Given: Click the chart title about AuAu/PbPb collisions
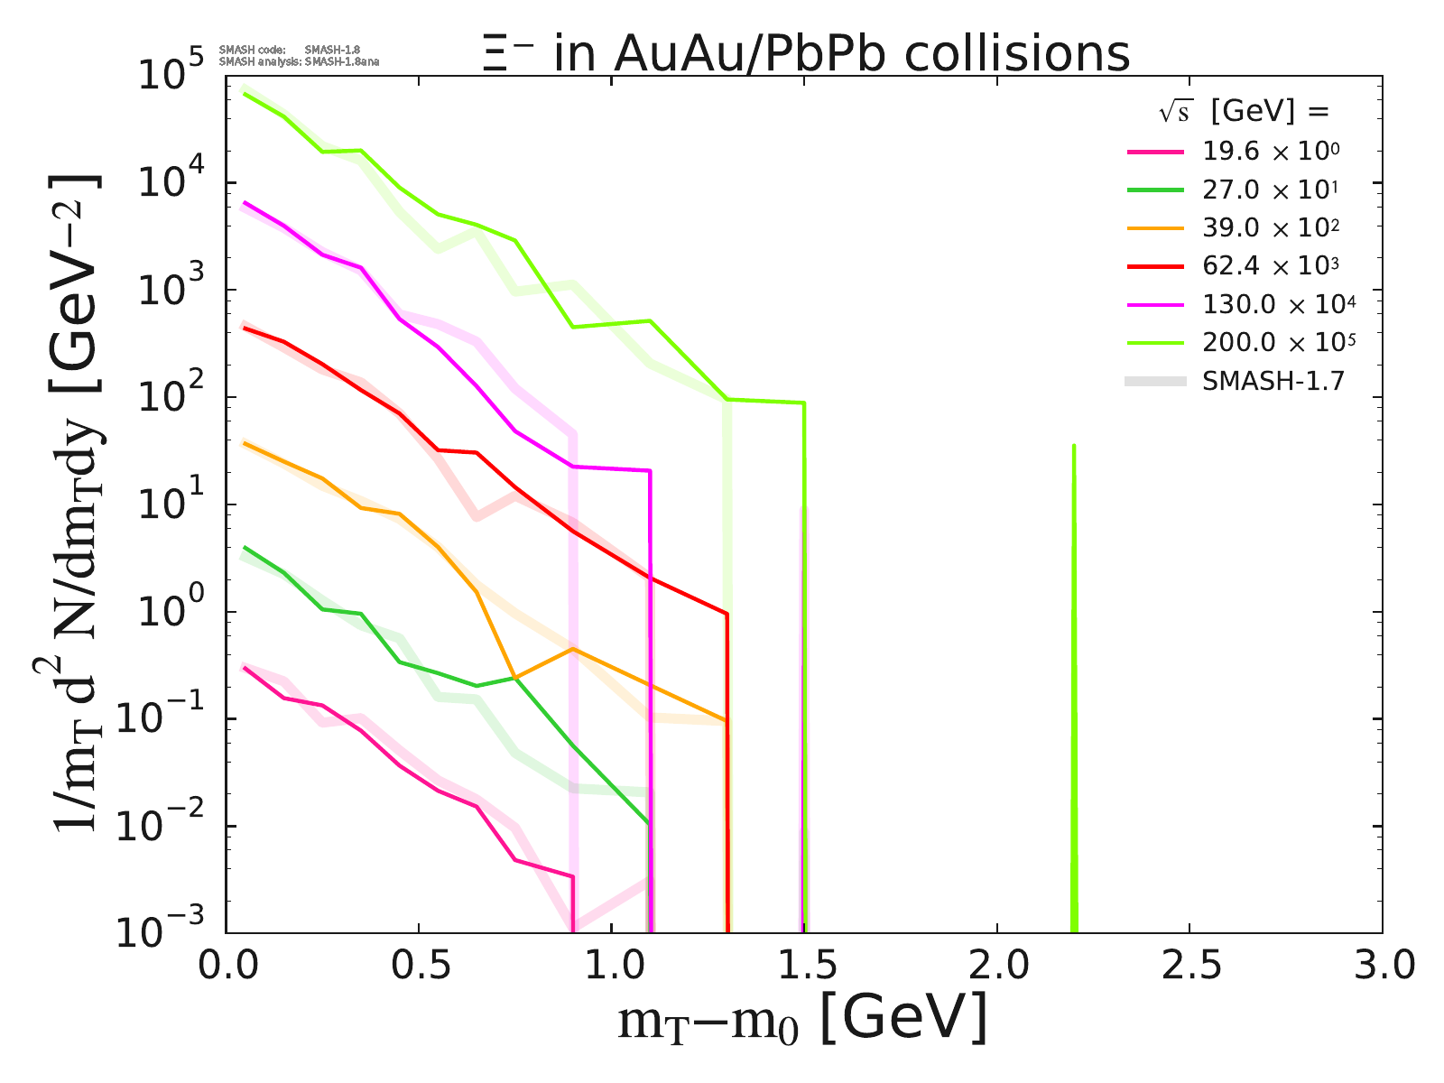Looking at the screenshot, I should pyautogui.click(x=806, y=54).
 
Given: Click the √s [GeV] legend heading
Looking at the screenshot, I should pyautogui.click(x=1245, y=112).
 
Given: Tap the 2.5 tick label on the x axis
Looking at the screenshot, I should pyautogui.click(x=1189, y=966).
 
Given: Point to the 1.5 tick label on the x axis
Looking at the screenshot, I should pyautogui.click(x=804, y=966).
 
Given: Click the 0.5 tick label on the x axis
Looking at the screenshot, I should pyautogui.click(x=419, y=966).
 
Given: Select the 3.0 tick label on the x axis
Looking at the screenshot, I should pyautogui.click(x=1381, y=966).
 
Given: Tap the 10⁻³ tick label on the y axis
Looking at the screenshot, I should pyautogui.click(x=171, y=931).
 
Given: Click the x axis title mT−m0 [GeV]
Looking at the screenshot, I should pyautogui.click(x=802, y=1020).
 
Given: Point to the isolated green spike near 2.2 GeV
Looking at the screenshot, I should pyautogui.click(x=1073, y=632).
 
